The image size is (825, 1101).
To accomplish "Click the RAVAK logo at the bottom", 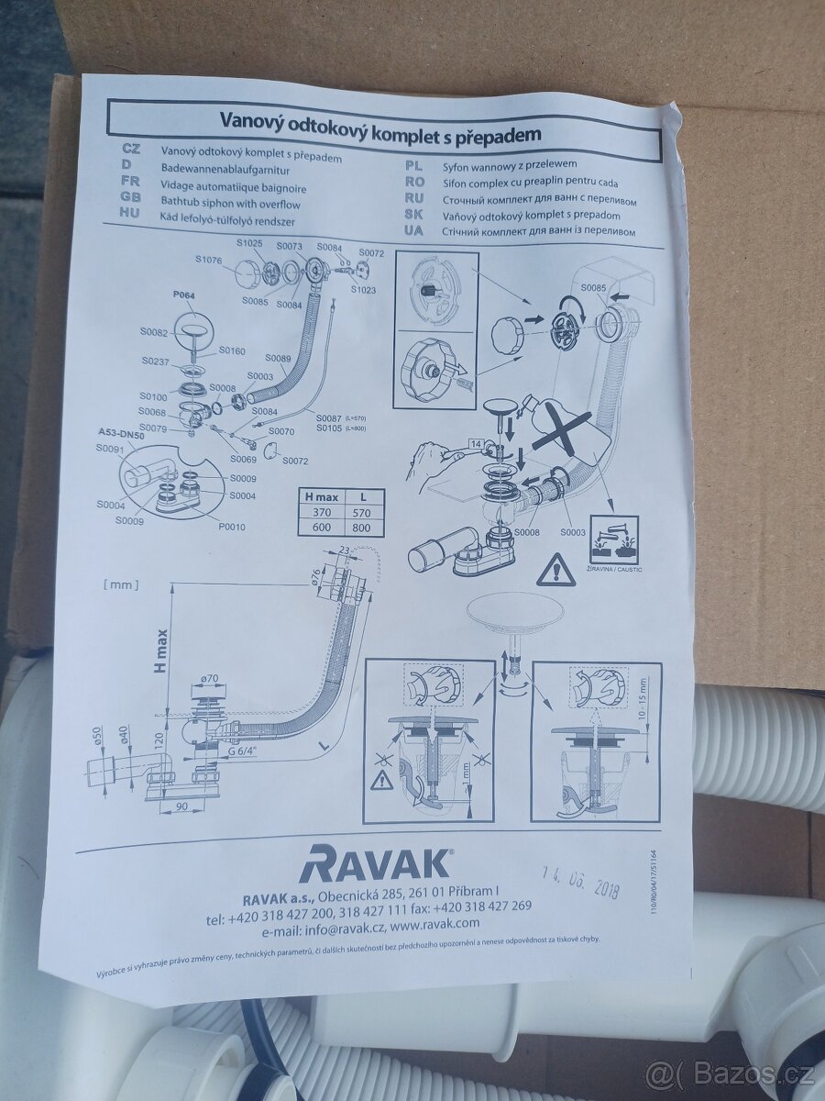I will [375, 863].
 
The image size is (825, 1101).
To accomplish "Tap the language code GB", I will [130, 196].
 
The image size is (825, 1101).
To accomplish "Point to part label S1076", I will [209, 261].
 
